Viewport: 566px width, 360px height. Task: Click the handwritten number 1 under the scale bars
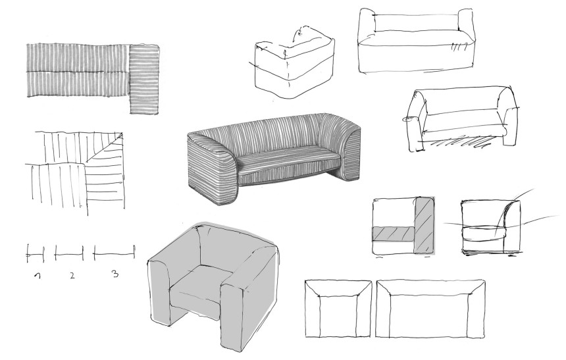tap(38, 276)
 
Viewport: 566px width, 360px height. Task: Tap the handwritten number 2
tap(72, 276)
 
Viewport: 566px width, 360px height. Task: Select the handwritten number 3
tap(115, 274)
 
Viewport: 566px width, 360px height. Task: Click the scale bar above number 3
tap(114, 253)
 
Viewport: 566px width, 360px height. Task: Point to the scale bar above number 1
tap(36, 254)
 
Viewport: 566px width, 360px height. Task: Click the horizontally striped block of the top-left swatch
tap(144, 79)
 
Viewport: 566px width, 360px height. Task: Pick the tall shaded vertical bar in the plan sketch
tap(425, 224)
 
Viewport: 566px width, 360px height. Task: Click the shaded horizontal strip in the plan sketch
tap(394, 233)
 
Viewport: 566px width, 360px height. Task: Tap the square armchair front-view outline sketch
tap(338, 309)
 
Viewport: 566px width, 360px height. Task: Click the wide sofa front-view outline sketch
tap(430, 309)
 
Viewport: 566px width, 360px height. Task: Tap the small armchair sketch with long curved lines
tap(491, 226)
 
